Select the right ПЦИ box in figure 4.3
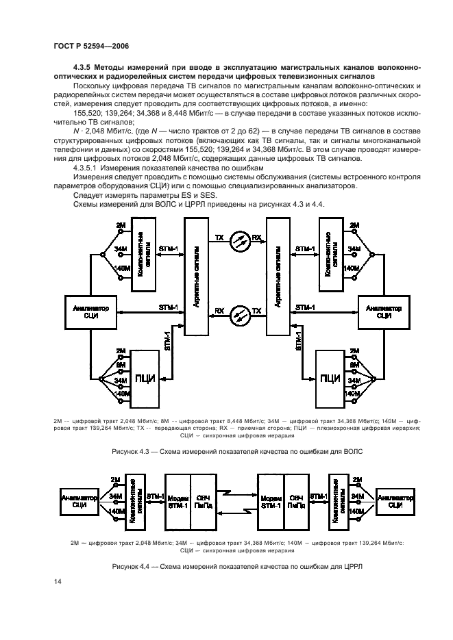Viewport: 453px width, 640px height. pos(330,377)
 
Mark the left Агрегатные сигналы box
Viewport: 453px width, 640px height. pos(196,275)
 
